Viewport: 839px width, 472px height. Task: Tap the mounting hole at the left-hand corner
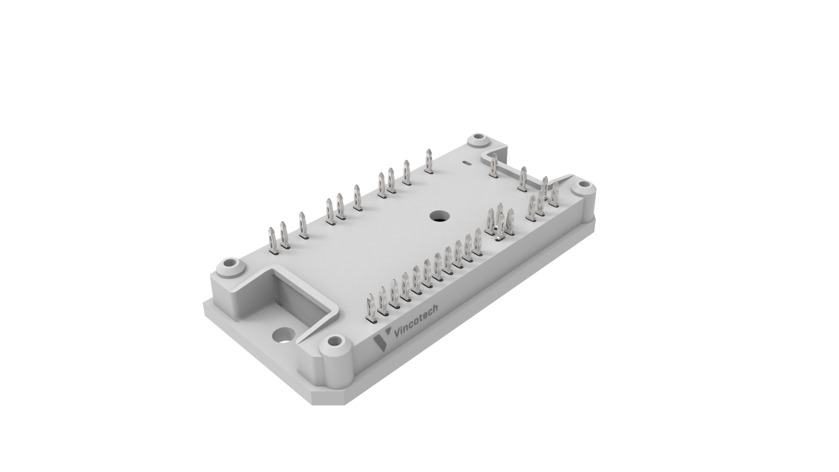point(230,265)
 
